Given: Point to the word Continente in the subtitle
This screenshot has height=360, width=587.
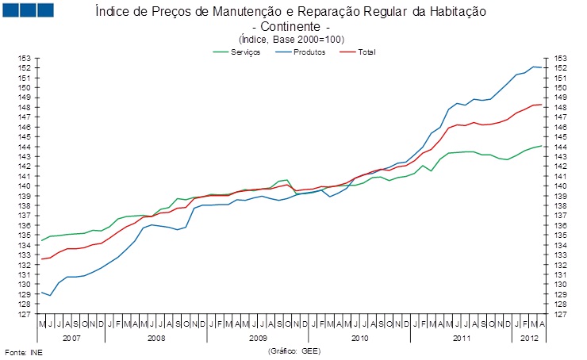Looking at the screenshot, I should click(x=290, y=26).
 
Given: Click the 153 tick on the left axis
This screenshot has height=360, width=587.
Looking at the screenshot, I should click(x=25, y=58).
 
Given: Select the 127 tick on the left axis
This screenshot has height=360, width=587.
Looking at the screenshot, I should click(x=25, y=314).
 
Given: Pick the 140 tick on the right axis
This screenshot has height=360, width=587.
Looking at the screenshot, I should click(x=559, y=186).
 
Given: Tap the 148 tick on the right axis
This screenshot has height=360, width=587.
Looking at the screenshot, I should click(x=559, y=107).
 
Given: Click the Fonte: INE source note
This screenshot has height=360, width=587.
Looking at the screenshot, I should click(x=24, y=350).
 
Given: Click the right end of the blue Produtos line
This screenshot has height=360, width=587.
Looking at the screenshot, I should click(x=542, y=67).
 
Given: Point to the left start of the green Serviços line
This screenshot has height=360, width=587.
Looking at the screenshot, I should click(x=41, y=240).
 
